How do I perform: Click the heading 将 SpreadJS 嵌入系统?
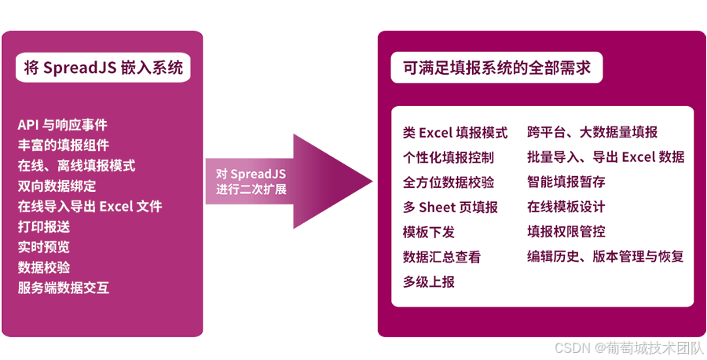(x=103, y=68)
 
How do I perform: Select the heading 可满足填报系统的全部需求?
(x=496, y=68)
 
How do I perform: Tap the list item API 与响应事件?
(x=62, y=125)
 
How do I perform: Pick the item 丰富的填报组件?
(x=63, y=145)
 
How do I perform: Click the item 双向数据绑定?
(x=57, y=186)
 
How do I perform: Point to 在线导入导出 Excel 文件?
(x=90, y=207)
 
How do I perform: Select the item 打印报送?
(x=43, y=227)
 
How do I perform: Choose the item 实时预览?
(x=43, y=248)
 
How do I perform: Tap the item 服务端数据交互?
(x=63, y=288)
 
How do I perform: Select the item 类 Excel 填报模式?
(x=455, y=133)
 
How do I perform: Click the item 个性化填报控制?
(x=449, y=157)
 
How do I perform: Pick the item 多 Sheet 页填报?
(x=450, y=208)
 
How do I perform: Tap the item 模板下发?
(x=429, y=233)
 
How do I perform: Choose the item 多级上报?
(x=429, y=281)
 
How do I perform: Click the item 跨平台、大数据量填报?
(x=592, y=133)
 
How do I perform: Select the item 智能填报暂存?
(x=566, y=182)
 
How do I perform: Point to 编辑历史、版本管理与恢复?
(x=606, y=257)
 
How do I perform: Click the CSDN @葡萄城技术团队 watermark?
(x=628, y=347)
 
